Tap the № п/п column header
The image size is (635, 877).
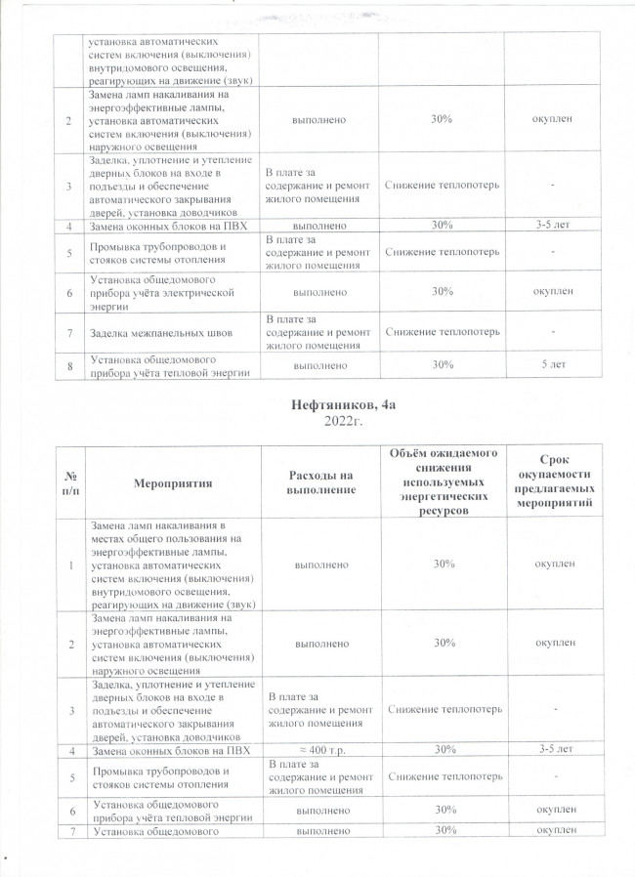(69, 481)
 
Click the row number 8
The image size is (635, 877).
(69, 364)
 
